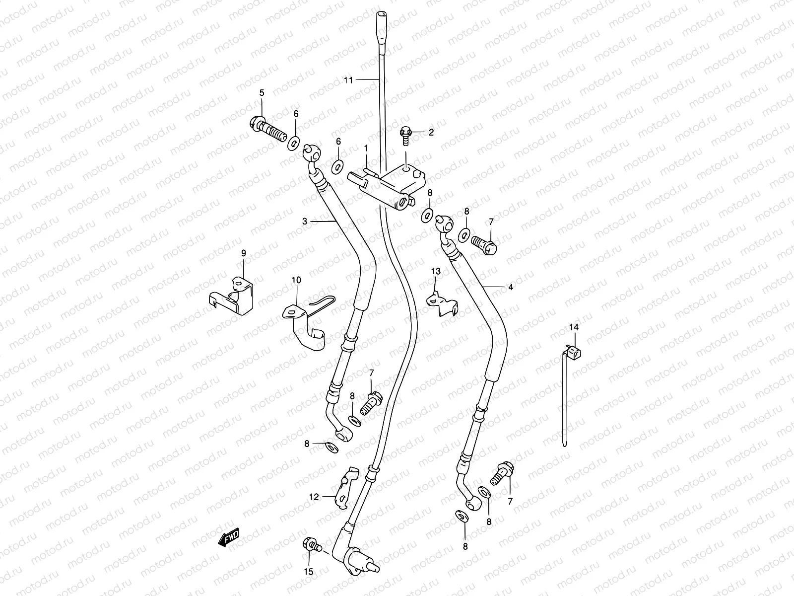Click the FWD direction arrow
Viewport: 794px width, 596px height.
(229, 538)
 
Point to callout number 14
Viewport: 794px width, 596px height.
(574, 327)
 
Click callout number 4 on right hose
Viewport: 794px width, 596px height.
(511, 287)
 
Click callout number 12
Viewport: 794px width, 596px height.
(314, 496)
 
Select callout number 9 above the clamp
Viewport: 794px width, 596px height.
(244, 253)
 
